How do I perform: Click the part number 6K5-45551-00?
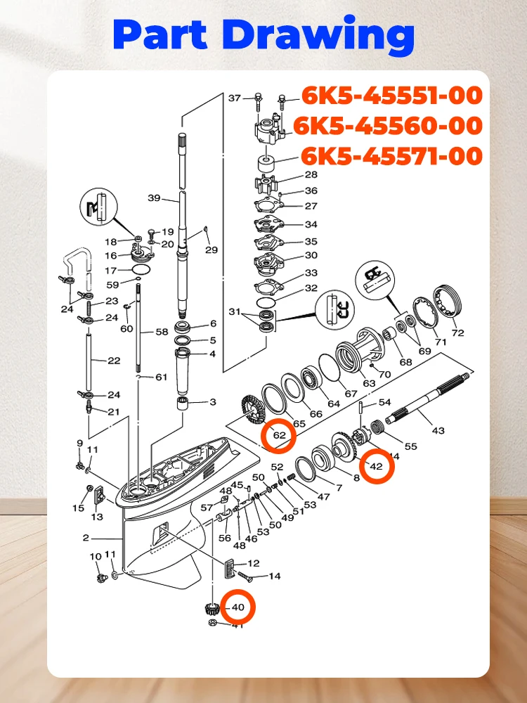(392, 94)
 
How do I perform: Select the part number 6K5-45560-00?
(388, 125)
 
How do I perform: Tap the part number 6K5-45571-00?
(392, 155)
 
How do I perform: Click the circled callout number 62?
(279, 435)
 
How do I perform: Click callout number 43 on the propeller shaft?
(438, 430)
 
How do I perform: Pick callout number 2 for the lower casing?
(86, 538)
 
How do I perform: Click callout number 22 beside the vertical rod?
(114, 361)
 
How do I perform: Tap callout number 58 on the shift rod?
(162, 331)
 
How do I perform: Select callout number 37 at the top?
(235, 98)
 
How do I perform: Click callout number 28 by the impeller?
(311, 175)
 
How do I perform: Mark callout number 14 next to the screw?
(274, 576)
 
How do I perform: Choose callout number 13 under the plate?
(96, 517)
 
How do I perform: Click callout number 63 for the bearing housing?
(369, 384)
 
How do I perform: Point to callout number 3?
(212, 402)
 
